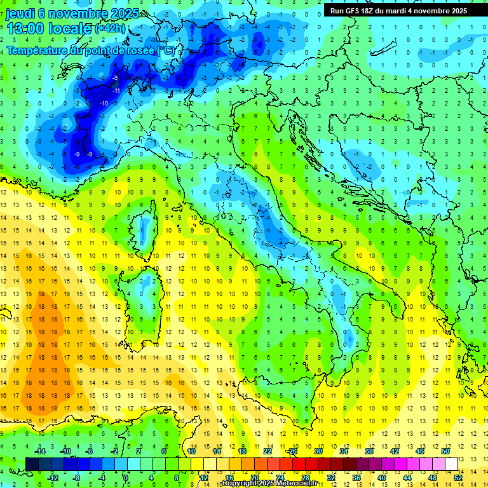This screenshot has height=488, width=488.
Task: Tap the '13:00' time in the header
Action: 25,28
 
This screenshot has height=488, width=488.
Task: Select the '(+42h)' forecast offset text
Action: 110,28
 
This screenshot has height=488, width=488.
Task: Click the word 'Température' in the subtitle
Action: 39,50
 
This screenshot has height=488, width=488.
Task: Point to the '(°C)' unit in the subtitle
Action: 165,50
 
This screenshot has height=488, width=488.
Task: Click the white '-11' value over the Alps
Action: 116,91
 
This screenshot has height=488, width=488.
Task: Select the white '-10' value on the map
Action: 104,104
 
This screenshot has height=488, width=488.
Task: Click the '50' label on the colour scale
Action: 445,451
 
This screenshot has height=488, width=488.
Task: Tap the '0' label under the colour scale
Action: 126,477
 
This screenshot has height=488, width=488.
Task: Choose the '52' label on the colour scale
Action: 458,477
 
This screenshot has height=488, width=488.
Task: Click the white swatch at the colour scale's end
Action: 452,464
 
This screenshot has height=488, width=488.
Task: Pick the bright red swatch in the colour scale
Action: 299,464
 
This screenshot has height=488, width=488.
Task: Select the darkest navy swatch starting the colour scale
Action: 32,464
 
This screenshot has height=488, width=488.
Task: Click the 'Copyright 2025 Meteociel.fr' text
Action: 269,484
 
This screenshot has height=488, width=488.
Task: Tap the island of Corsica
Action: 148,226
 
